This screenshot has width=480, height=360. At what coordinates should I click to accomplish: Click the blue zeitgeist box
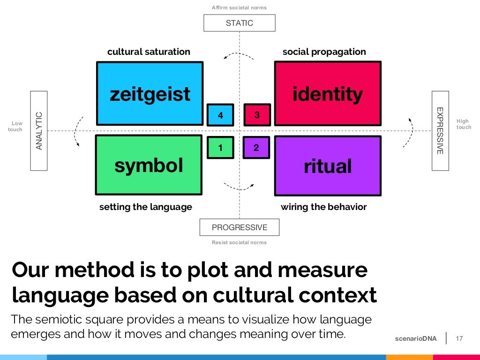click(150, 94)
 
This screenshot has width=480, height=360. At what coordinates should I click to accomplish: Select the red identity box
click(327, 94)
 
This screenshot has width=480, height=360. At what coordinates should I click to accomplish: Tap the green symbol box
click(149, 165)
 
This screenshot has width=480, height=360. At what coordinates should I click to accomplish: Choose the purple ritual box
click(327, 165)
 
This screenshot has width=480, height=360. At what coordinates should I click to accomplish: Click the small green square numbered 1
click(220, 148)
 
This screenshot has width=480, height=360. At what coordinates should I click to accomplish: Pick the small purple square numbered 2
click(256, 148)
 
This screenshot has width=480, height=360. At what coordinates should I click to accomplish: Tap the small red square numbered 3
click(257, 115)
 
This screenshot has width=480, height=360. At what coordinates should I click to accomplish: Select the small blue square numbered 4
click(220, 115)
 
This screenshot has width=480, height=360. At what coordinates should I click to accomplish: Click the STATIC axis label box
click(239, 23)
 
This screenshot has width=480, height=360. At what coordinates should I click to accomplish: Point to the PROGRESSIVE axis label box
click(239, 227)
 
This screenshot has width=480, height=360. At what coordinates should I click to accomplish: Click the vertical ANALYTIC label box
click(39, 131)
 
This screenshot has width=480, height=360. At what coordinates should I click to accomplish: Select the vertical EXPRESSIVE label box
click(440, 131)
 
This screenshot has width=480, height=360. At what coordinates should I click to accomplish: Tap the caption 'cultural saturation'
click(149, 52)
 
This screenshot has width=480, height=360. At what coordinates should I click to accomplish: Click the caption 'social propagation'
click(324, 52)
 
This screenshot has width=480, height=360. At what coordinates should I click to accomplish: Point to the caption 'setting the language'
click(146, 207)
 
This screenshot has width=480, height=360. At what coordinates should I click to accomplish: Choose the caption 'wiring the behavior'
click(323, 207)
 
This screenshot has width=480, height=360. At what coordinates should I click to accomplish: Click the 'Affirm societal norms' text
click(239, 7)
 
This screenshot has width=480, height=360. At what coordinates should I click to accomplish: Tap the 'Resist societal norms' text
click(239, 242)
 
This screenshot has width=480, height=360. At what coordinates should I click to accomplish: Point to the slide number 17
click(459, 338)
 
